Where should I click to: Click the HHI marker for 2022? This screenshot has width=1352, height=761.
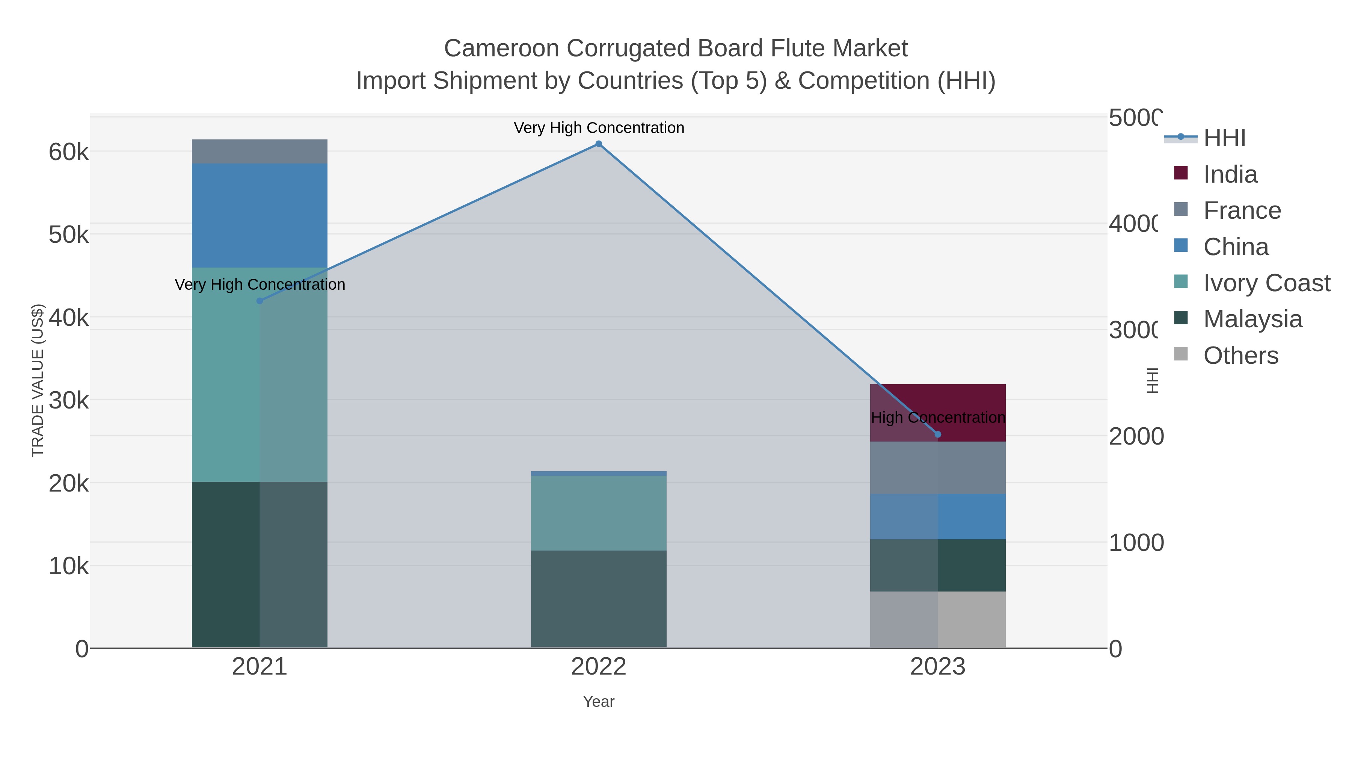598,144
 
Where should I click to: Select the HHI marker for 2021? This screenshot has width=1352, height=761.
259,301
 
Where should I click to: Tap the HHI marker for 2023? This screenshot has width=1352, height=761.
938,434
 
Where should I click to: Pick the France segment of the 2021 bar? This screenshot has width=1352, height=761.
259,151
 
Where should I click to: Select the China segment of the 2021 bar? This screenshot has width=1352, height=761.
259,215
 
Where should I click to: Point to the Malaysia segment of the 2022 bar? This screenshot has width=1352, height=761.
598,599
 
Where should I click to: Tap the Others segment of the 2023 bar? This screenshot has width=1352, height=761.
938,620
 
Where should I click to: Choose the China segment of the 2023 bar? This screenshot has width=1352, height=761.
938,516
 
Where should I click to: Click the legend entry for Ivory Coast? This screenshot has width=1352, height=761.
1266,283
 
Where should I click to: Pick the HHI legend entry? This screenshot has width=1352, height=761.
1224,138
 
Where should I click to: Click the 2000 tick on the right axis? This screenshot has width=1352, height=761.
1136,436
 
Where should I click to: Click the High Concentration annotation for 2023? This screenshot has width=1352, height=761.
938,418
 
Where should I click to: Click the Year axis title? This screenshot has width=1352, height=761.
598,702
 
